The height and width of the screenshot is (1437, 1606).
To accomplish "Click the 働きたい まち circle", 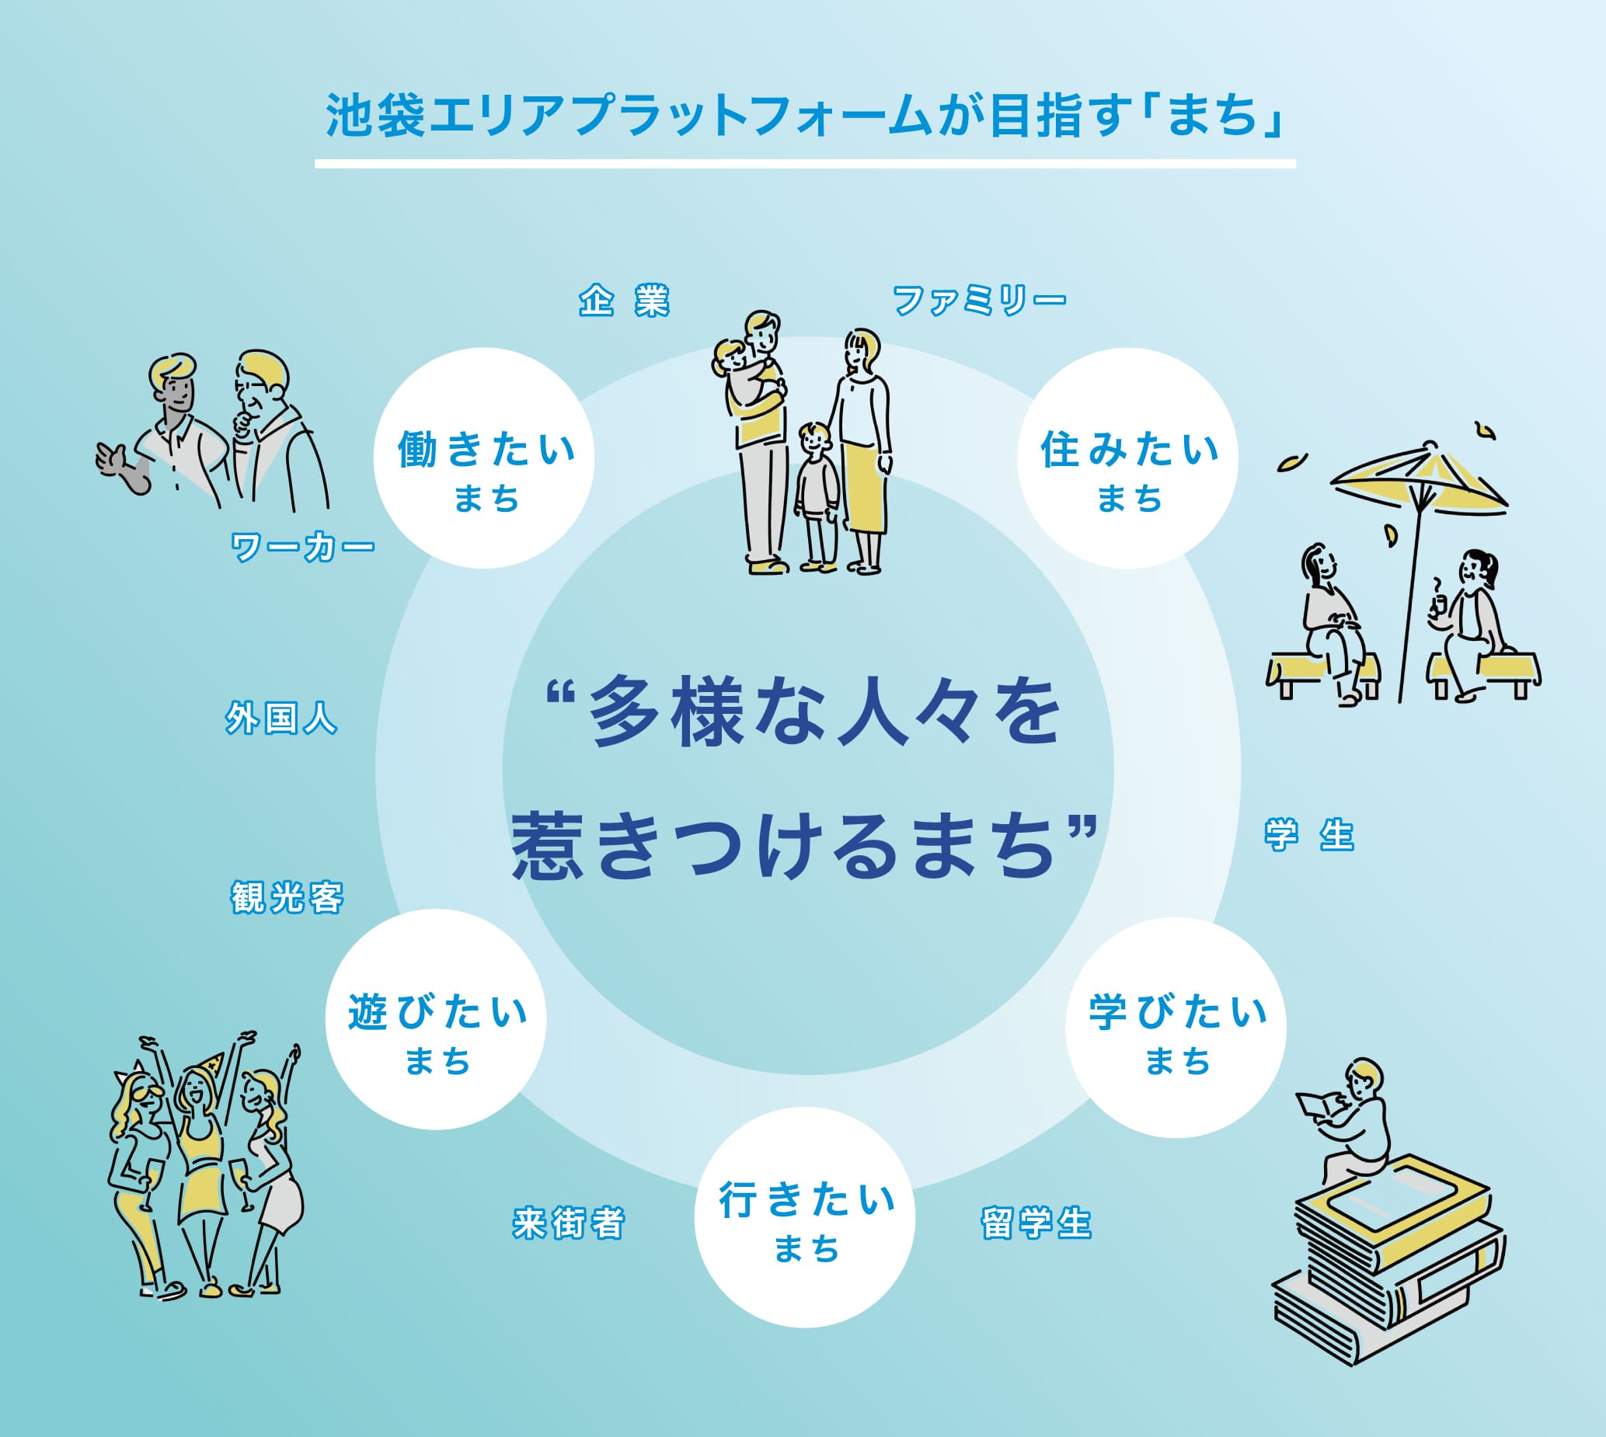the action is pyautogui.click(x=484, y=458).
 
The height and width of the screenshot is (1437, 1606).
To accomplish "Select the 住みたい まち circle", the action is pyautogui.click(x=1127, y=458).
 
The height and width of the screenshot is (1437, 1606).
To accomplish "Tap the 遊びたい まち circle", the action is pyautogui.click(x=436, y=1019).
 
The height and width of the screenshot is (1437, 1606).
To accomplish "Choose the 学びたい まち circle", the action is pyautogui.click(x=1176, y=1027).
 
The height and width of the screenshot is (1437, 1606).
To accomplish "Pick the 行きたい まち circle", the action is pyautogui.click(x=805, y=1217).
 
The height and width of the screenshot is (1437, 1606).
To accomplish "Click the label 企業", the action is pyautogui.click(x=624, y=301).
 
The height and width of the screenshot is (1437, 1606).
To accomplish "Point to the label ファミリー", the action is pyautogui.click(x=978, y=301).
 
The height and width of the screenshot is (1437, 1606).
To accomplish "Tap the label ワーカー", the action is pyautogui.click(x=301, y=546).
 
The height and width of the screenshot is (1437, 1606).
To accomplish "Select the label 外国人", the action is pyautogui.click(x=281, y=718).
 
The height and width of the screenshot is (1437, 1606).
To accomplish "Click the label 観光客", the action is pyautogui.click(x=287, y=898).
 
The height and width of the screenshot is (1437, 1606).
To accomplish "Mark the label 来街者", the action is pyautogui.click(x=569, y=1223).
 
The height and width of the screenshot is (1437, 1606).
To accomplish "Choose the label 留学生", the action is pyautogui.click(x=1036, y=1223).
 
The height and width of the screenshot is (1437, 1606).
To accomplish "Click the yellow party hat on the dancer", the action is pyautogui.click(x=212, y=1063).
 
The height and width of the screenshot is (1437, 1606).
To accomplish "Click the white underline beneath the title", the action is pyautogui.click(x=805, y=164).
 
